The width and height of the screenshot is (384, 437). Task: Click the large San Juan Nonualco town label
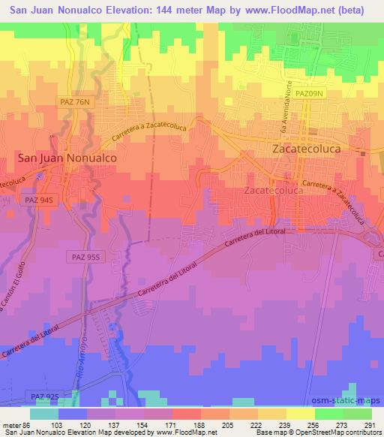pos(67,158)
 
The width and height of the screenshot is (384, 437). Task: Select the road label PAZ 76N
pos(72,100)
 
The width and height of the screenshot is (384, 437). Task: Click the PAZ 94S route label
pos(38,201)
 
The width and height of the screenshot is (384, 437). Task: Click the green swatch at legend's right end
pos(358,414)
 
